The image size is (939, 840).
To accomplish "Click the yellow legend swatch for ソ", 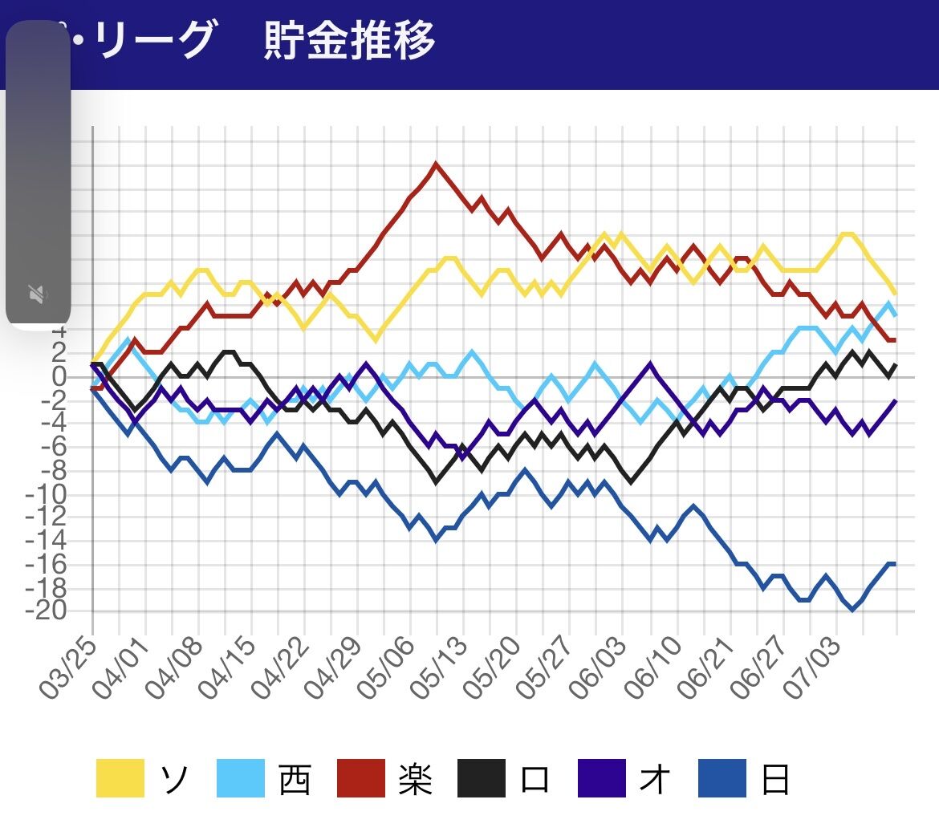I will coord(120,778).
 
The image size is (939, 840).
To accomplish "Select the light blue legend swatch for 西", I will coord(241,778).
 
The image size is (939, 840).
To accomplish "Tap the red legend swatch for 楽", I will coord(361,778).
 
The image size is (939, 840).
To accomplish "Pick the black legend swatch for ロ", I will coord(482,778).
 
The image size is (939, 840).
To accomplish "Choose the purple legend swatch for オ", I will coord(602,778).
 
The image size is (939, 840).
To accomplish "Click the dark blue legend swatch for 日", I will coord(722,778).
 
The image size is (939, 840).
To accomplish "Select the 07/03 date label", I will coord(814,669).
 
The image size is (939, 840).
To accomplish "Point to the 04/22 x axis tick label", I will coord(281,669).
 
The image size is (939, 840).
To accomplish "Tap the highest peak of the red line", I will coord(436,164).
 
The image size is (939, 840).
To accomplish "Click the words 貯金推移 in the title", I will coord(349,40).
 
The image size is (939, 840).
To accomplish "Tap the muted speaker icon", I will coord(37,294).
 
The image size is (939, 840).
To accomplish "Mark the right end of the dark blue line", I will coord(894,564).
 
